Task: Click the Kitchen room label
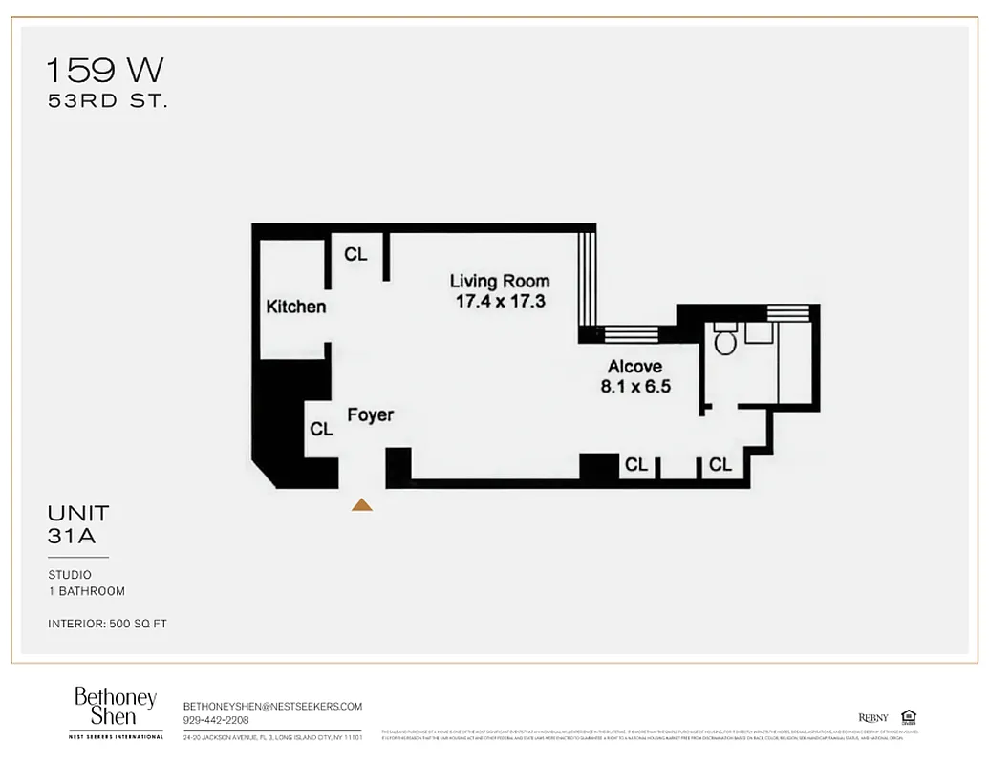click(295, 307)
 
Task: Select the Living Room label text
click(500, 281)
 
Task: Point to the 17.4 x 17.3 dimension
click(500, 301)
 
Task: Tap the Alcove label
click(634, 367)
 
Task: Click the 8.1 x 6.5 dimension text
click(635, 387)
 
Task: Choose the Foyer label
click(370, 415)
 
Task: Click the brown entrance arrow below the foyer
click(361, 504)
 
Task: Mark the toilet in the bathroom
click(725, 340)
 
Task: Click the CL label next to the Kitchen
click(355, 255)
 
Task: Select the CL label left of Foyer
click(321, 430)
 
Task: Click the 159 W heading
click(105, 70)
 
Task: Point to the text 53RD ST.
click(107, 100)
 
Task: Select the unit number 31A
click(72, 537)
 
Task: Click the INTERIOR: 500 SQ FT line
click(107, 624)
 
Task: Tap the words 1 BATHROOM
click(86, 591)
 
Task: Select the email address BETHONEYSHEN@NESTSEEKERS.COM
click(272, 706)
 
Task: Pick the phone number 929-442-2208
click(216, 720)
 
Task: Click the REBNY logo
click(872, 718)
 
